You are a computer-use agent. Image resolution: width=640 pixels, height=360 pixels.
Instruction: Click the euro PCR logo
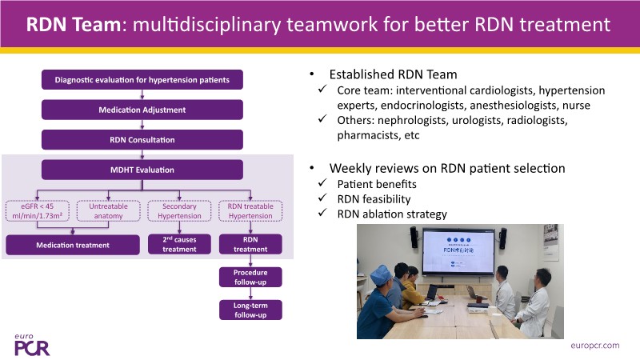click(x=30, y=342)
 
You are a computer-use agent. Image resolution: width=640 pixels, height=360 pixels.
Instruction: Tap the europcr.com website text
click(x=597, y=346)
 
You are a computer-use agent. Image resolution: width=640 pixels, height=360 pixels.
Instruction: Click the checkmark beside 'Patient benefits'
click(x=322, y=184)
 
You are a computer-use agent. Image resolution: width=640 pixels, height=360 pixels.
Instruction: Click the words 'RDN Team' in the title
click(x=70, y=24)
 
